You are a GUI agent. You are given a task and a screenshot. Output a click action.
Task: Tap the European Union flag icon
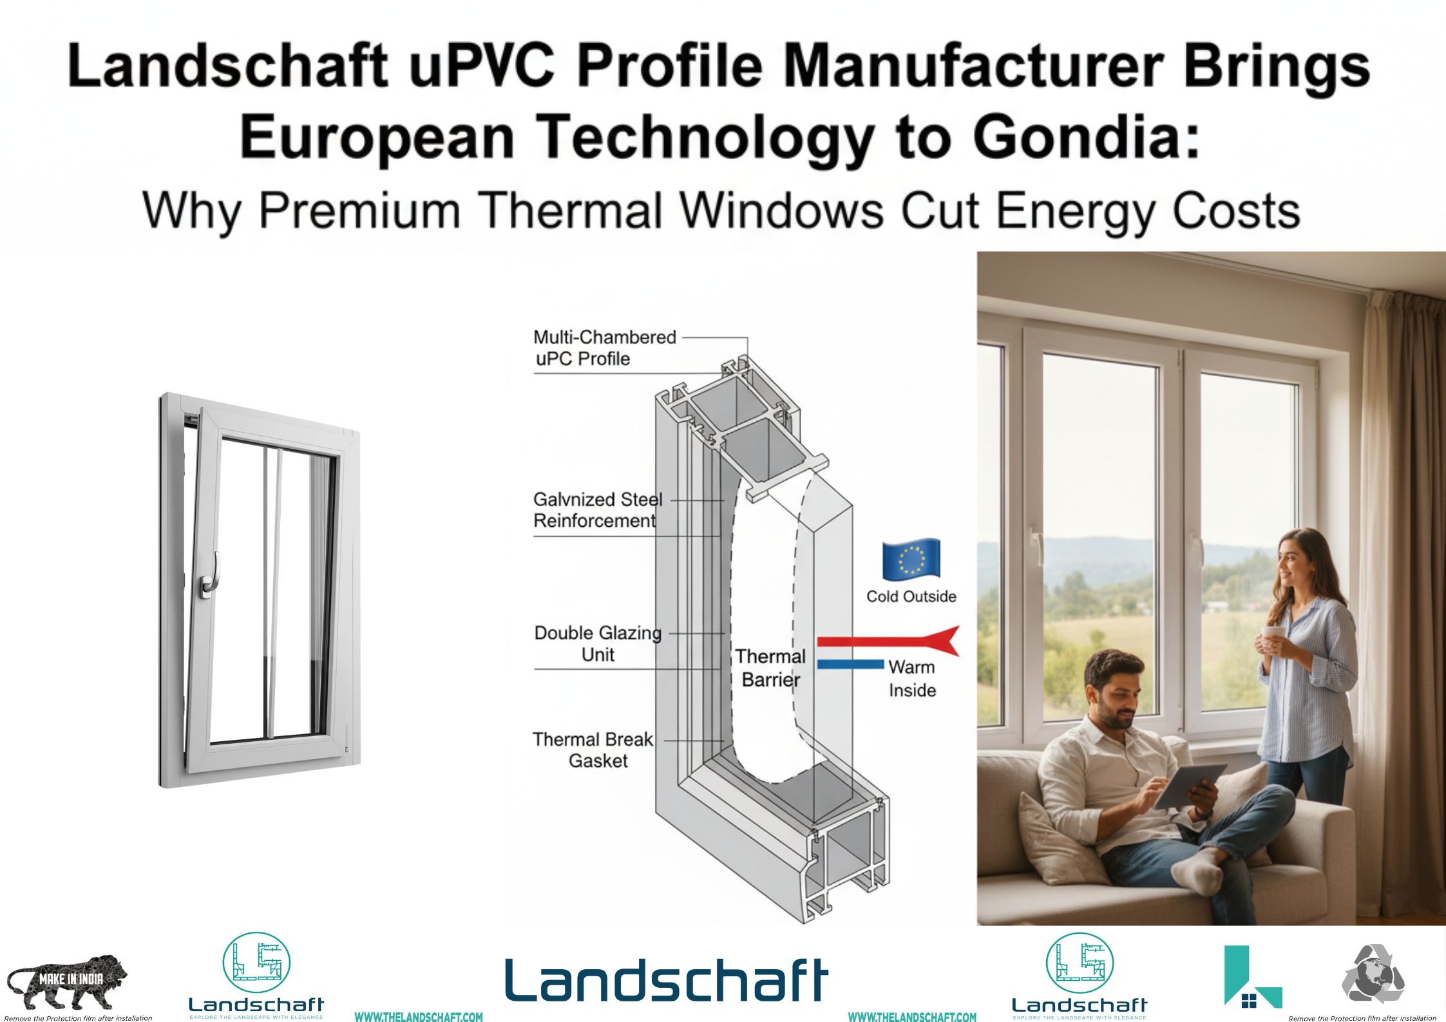(x=911, y=558)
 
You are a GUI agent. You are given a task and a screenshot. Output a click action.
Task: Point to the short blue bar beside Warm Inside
(x=850, y=664)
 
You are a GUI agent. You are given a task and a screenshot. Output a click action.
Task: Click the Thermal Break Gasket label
(x=593, y=750)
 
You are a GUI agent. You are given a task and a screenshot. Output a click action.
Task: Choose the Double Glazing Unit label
(x=598, y=643)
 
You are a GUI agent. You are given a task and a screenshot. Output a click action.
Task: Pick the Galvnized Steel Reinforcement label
(x=597, y=510)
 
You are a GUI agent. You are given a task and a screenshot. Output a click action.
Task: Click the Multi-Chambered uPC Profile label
(x=604, y=348)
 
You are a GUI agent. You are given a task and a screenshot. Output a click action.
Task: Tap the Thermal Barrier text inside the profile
(x=770, y=668)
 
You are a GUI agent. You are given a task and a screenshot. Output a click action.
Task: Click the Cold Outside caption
(x=911, y=596)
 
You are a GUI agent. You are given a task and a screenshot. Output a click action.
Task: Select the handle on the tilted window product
(x=211, y=574)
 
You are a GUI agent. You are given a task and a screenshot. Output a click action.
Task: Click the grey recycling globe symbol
(x=1373, y=973)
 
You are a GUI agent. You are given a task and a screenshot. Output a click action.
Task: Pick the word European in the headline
(x=377, y=137)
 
